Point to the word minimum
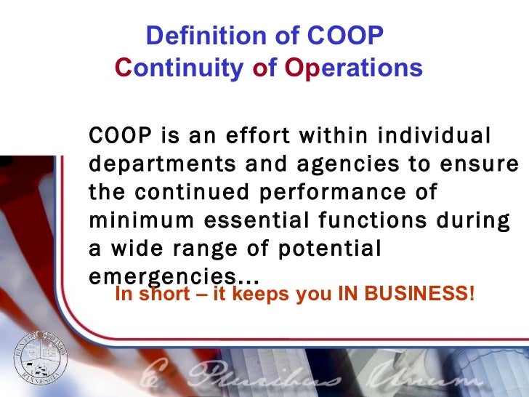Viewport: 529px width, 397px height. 136,221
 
